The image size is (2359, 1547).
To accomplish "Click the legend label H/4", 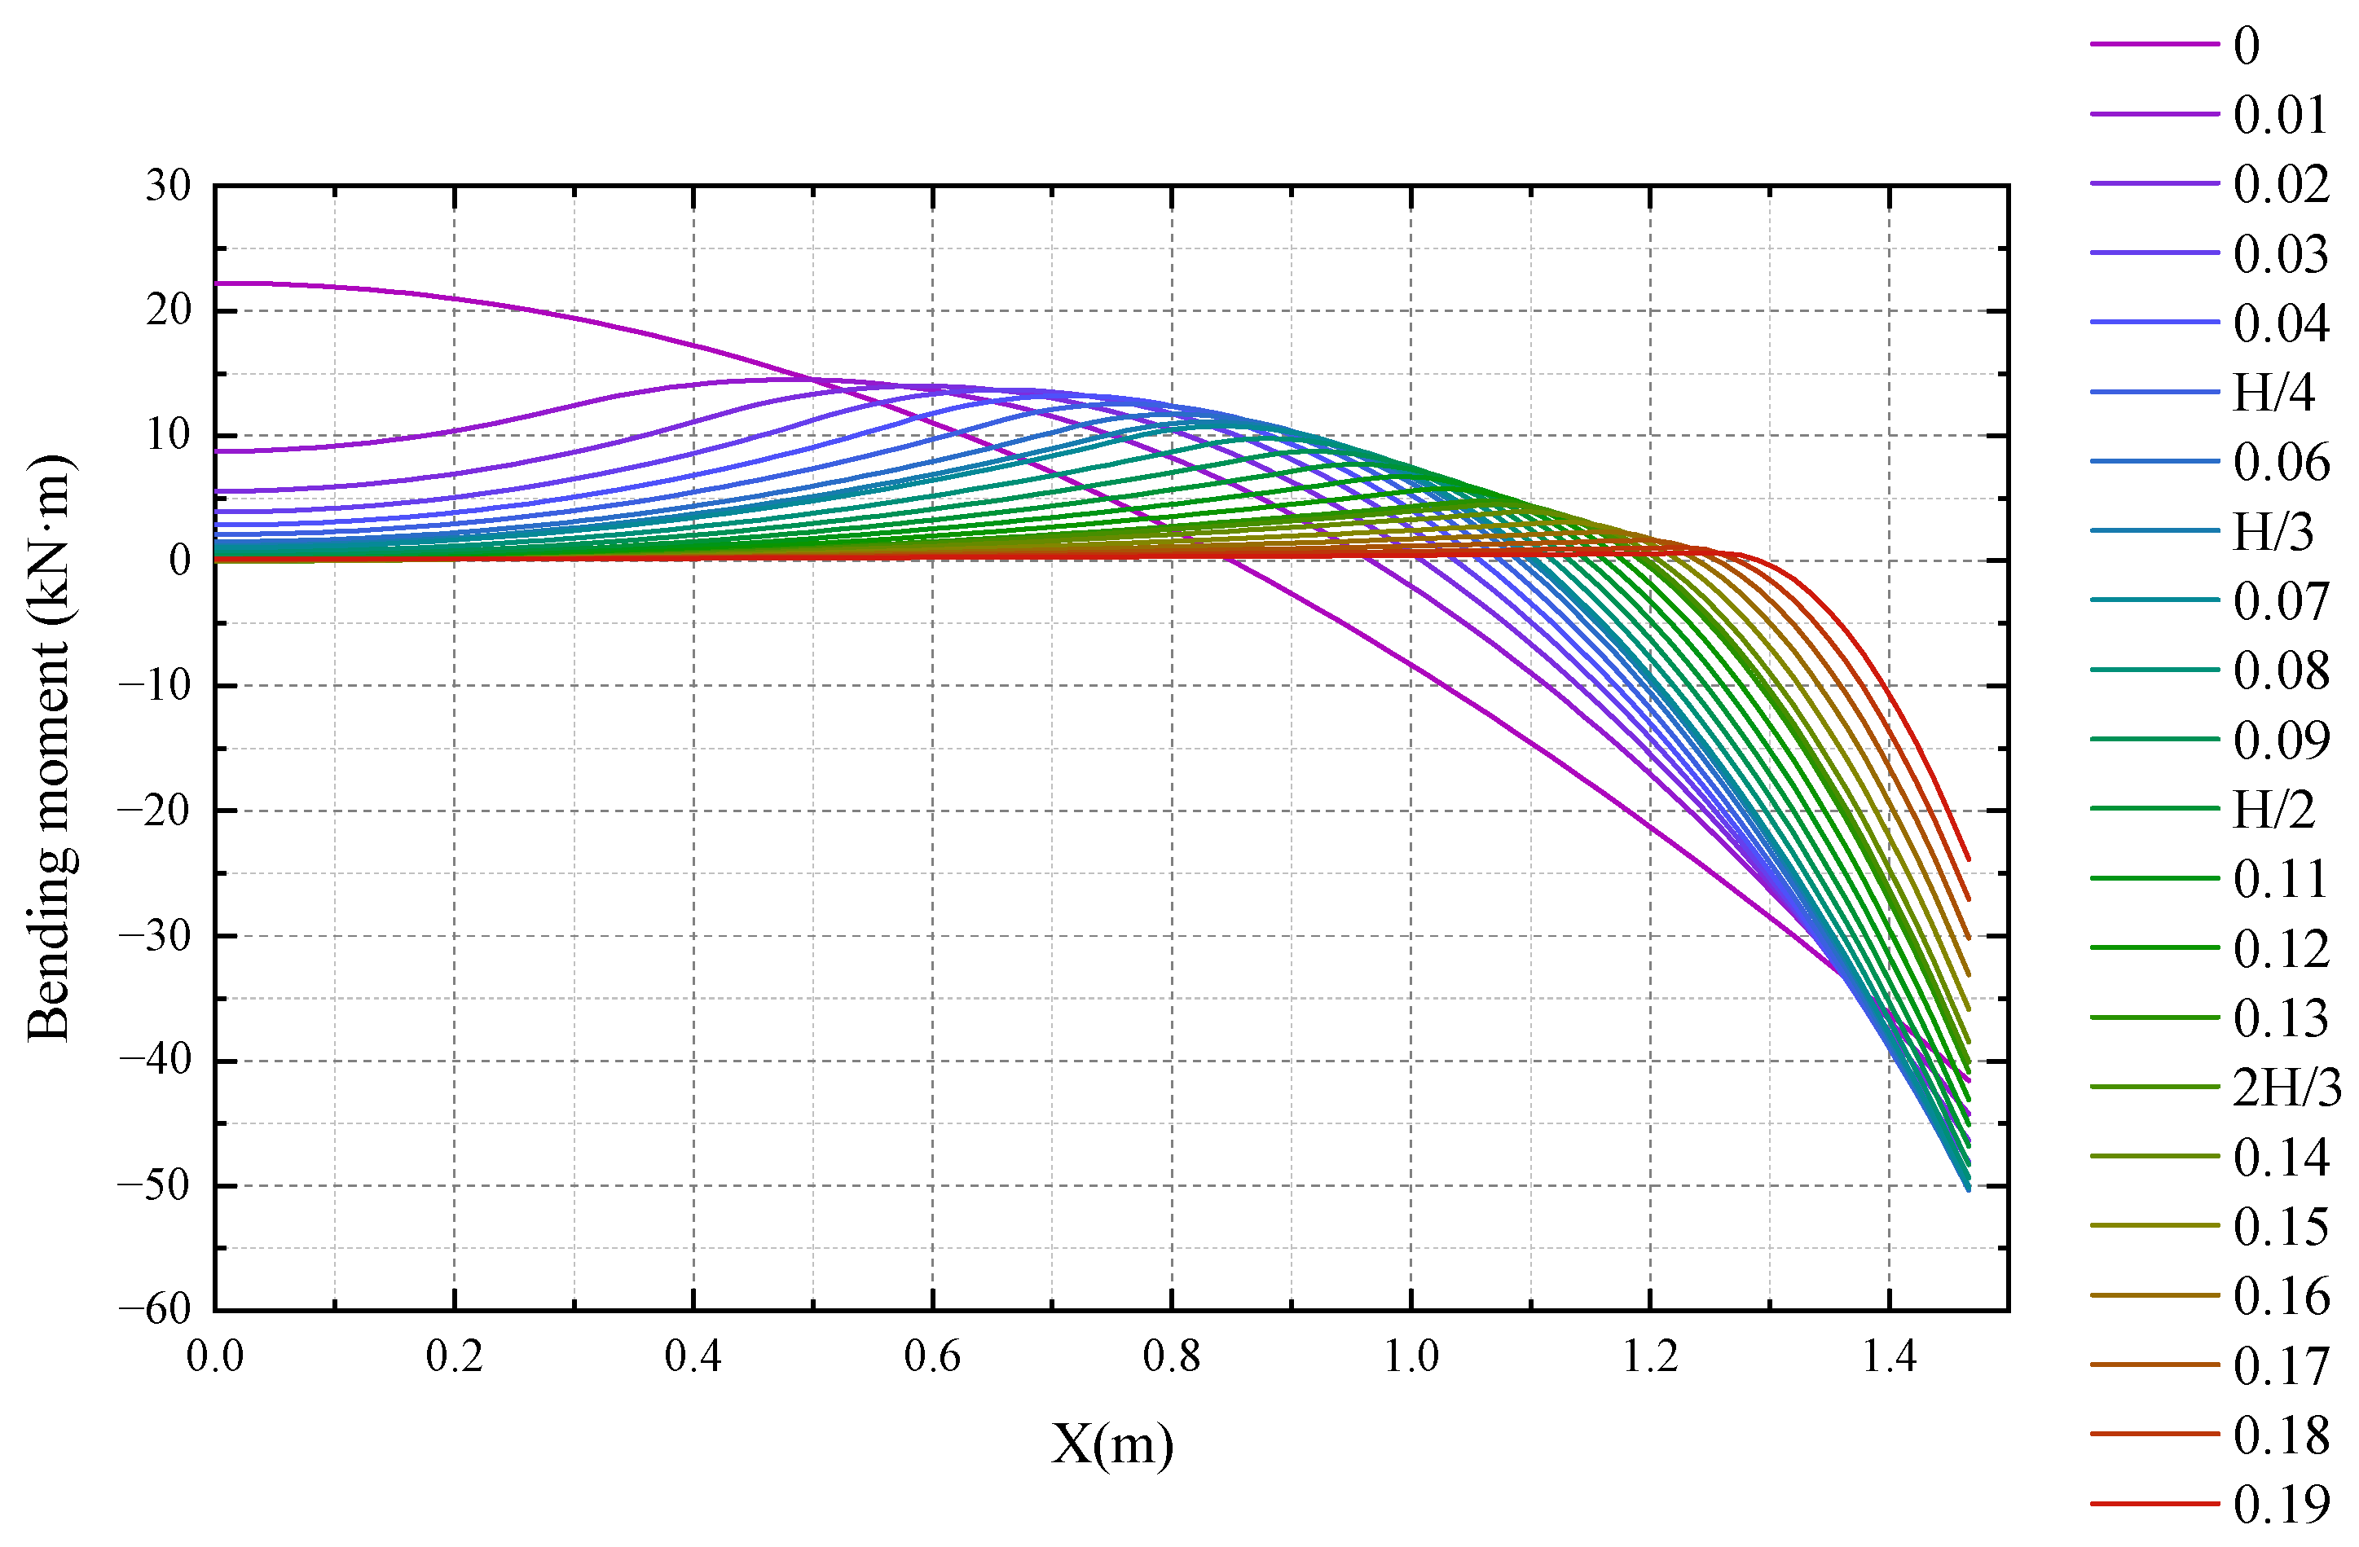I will [2273, 393].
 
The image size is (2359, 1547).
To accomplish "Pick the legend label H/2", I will [2273, 810].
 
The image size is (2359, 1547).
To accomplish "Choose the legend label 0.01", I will [2281, 115].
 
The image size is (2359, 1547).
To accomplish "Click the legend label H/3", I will [2273, 532].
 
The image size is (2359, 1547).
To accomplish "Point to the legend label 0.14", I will [2281, 1157].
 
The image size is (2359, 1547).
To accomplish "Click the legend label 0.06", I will [2281, 462].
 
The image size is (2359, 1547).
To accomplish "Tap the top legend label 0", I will [2247, 46].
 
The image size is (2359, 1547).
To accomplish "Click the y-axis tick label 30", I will [168, 185].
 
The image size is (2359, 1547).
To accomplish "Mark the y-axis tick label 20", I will [168, 310].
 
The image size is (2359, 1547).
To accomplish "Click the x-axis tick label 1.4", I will [1889, 1356].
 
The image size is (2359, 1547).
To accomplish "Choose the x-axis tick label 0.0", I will [215, 1356].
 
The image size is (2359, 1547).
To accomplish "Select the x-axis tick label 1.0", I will [1411, 1356].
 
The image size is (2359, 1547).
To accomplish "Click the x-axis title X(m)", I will [1112, 1443].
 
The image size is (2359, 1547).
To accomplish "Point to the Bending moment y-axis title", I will [50, 748].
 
